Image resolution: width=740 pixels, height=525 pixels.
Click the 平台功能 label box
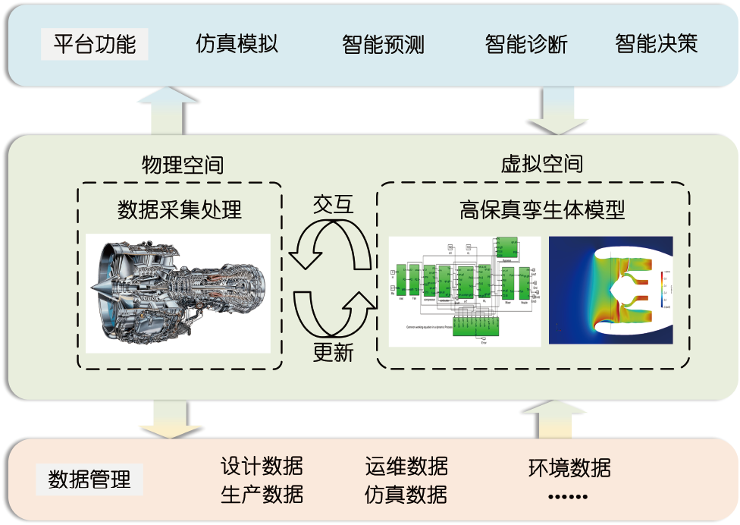coord(95,44)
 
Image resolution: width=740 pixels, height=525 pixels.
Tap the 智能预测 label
coord(383,45)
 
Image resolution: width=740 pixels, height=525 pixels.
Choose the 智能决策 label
coord(656,44)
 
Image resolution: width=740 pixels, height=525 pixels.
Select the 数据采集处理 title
coord(180,209)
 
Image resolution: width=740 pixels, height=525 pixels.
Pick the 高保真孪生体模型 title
coord(541,209)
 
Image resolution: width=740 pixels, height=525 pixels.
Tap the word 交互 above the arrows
coord(333,204)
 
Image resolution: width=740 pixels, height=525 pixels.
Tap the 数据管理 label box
coord(89,479)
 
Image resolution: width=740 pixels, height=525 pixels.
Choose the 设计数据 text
coord(262,466)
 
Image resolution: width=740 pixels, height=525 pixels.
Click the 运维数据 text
coord(406,466)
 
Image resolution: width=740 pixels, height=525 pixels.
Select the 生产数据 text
coord(262,495)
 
